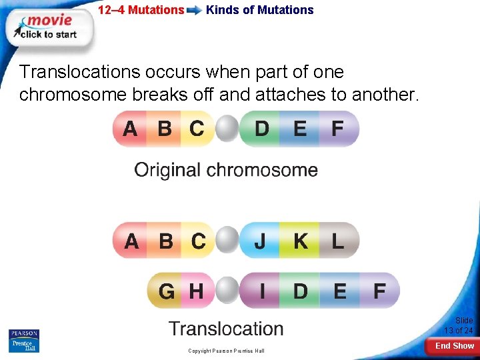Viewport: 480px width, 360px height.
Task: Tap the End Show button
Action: tap(454, 346)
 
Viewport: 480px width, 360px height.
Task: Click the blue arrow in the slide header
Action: tap(195, 11)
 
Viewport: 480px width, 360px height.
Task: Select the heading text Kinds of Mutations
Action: tap(259, 10)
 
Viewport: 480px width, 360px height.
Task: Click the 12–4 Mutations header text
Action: tap(141, 10)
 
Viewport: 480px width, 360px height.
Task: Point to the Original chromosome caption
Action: tap(226, 170)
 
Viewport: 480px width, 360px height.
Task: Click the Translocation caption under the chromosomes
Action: tap(226, 329)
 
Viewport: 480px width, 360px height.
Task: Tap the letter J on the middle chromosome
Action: tap(260, 241)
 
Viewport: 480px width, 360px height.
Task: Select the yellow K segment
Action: tap(301, 241)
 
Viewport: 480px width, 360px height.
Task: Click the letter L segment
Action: tap(338, 241)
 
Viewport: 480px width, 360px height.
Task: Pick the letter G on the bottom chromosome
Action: tap(167, 291)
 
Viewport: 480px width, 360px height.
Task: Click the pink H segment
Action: tap(197, 291)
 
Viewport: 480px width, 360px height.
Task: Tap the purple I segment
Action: tap(262, 291)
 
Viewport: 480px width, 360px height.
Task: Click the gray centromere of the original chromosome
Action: tap(227, 129)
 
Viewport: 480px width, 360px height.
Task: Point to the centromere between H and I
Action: tap(227, 291)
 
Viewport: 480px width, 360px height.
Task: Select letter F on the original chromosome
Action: tap(338, 129)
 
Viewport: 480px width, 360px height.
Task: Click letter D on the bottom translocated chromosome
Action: tap(301, 291)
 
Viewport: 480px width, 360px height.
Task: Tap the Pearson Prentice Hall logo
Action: tap(23, 341)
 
